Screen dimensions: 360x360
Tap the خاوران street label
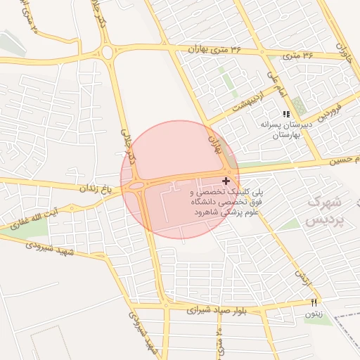(342, 49)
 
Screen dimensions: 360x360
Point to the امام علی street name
(274, 82)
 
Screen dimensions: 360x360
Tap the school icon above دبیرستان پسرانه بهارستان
(285, 114)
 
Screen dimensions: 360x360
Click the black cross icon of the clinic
(225, 181)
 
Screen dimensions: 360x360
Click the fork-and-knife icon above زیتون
(314, 302)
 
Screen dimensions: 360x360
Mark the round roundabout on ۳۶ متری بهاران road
(108, 52)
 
